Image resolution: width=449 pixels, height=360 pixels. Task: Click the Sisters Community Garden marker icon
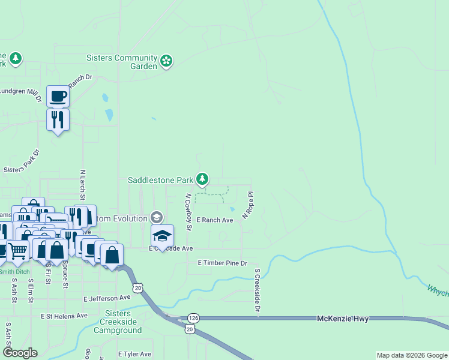pos(166,60)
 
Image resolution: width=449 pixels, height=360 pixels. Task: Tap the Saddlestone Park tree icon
pos(203,179)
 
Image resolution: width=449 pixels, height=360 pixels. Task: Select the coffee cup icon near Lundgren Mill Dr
pos(58,96)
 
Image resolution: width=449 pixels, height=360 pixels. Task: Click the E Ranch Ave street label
pos(214,220)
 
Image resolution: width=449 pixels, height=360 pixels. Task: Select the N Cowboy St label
pos(188,212)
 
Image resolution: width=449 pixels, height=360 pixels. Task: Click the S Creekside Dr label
pos(256,290)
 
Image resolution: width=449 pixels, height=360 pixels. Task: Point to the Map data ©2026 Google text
pos(411,355)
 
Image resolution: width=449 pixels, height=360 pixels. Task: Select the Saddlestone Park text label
pos(160,179)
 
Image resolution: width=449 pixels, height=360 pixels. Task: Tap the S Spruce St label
pos(65,274)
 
